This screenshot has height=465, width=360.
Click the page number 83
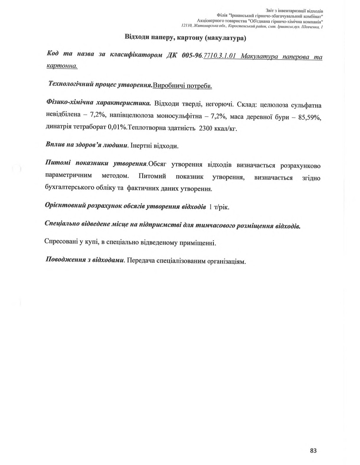pos(313,451)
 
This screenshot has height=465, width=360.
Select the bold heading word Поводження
pos(64,260)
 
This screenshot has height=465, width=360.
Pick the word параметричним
pos(69,175)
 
